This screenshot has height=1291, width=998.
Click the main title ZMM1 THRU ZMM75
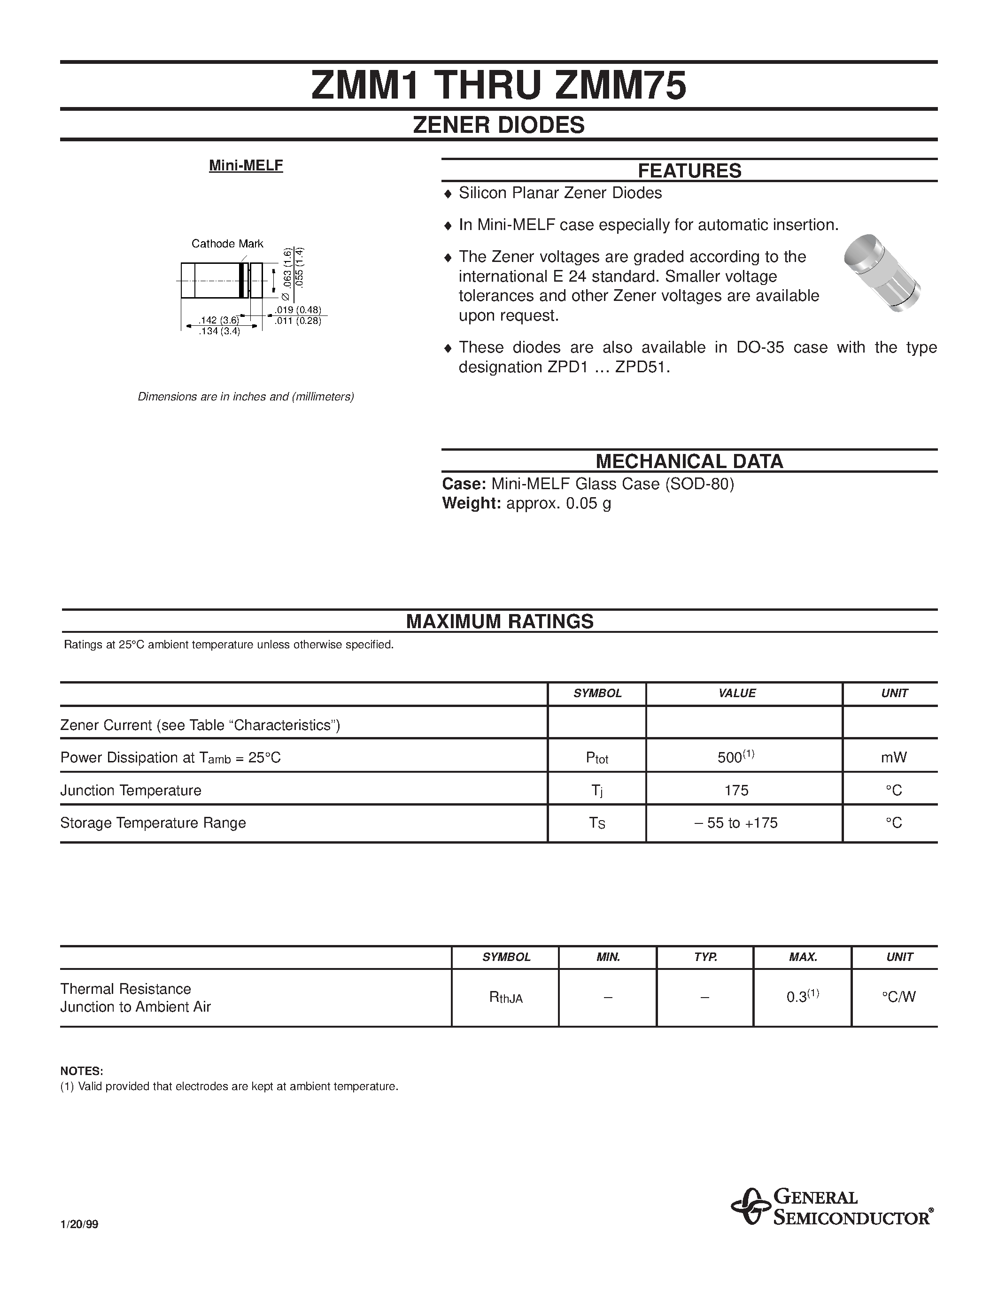[x=498, y=86]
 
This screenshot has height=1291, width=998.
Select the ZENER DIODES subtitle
[x=498, y=125]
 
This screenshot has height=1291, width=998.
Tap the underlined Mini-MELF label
[x=246, y=166]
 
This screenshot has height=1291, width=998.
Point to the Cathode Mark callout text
[x=227, y=244]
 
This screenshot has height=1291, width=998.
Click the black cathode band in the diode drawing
[x=241, y=280]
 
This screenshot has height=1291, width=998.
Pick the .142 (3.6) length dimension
[x=218, y=320]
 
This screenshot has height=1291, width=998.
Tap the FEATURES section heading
[x=689, y=171]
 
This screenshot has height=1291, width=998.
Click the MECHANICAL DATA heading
[x=689, y=461]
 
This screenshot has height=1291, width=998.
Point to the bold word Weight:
[x=471, y=504]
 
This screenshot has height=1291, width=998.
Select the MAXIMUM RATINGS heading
[x=500, y=621]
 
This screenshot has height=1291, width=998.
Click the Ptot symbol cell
[x=597, y=758]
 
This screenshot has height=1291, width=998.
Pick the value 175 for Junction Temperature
[x=737, y=790]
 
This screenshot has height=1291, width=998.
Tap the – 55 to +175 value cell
[x=737, y=823]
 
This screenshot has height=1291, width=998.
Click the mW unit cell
[x=894, y=757]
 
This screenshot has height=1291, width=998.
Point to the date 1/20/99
[x=79, y=1225]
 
